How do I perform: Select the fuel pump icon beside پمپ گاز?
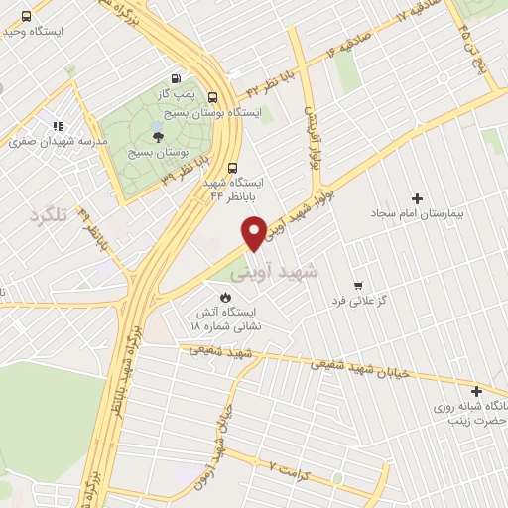click(176, 78)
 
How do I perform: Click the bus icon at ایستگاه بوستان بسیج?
click(212, 96)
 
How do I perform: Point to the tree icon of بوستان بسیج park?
click(158, 137)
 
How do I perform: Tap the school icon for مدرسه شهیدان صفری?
click(58, 126)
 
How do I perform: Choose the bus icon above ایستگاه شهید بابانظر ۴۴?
click(232, 167)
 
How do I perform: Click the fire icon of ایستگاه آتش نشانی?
click(226, 296)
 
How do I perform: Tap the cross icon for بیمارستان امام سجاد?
click(416, 198)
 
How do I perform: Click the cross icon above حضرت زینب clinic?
click(477, 391)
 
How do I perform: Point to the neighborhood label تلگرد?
click(48, 214)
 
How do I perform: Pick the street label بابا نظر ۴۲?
click(266, 84)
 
